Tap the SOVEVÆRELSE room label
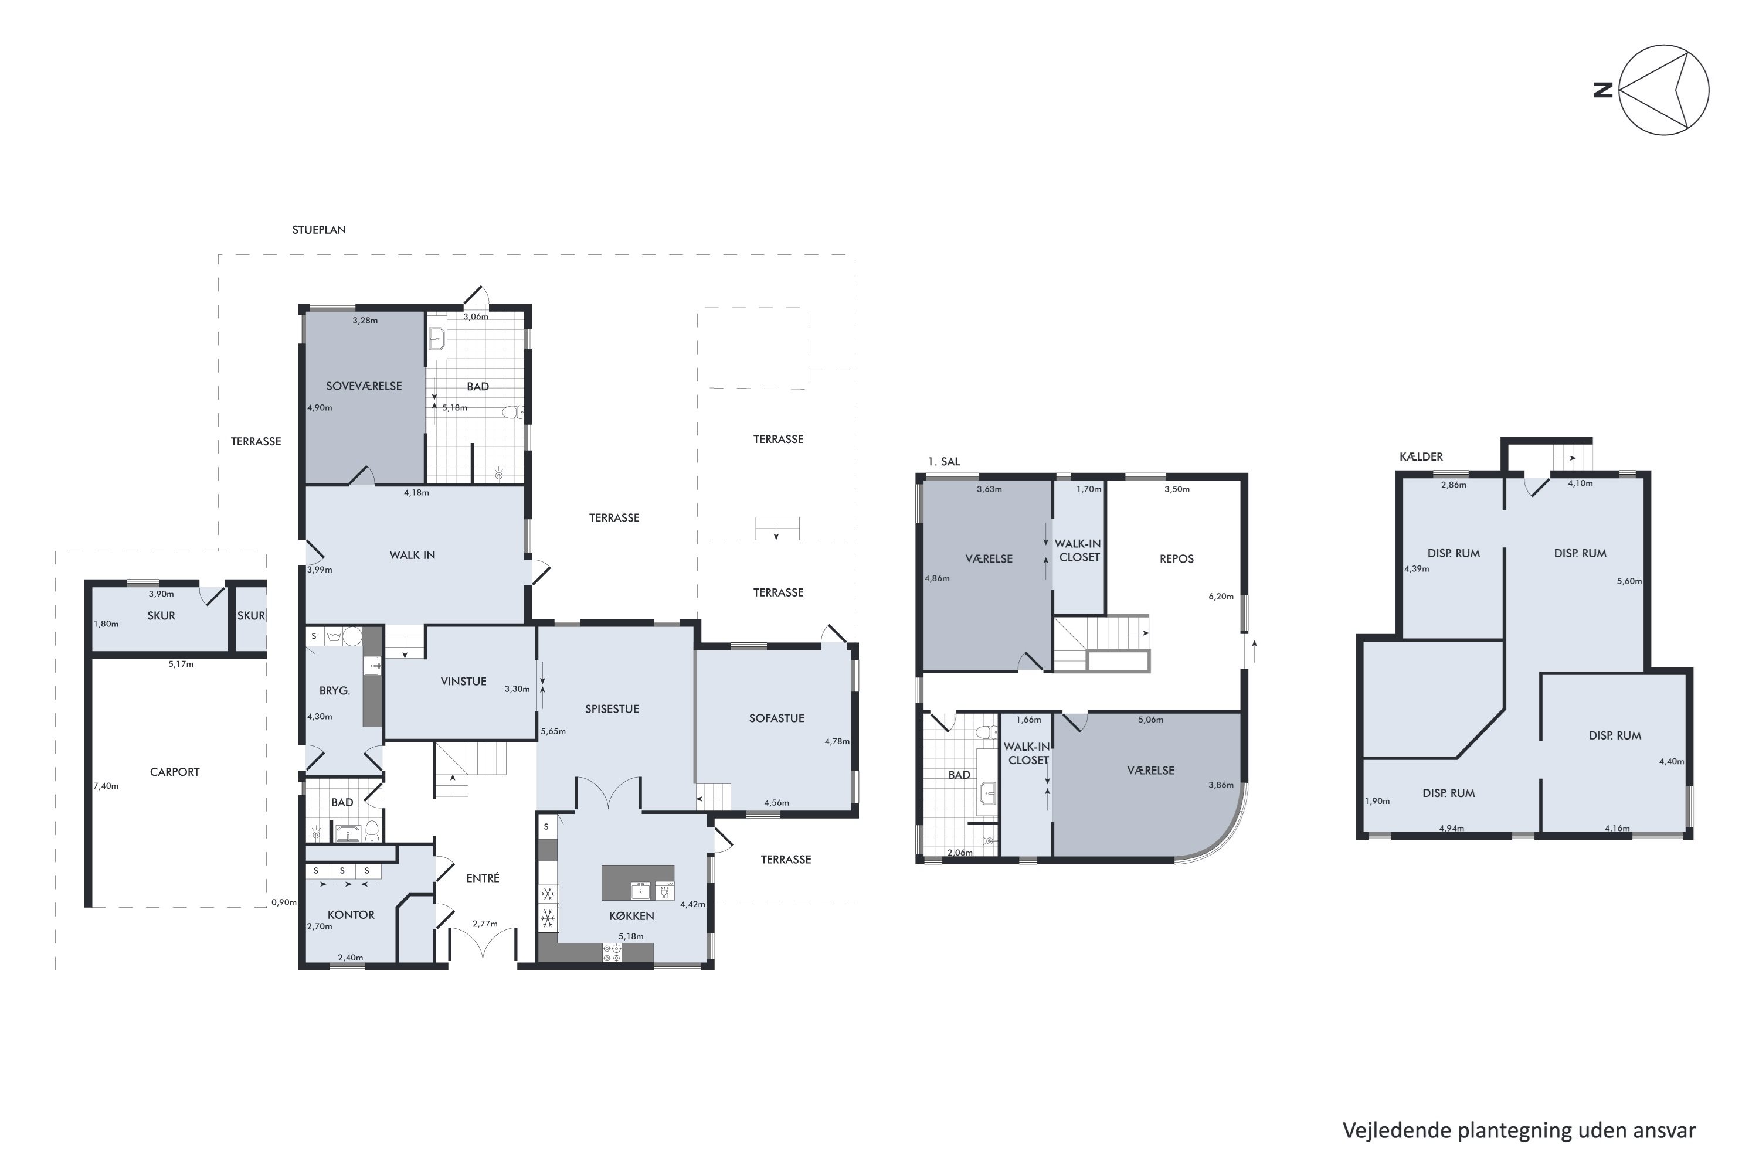[364, 386]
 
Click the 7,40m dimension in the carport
[106, 786]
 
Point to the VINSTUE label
[464, 682]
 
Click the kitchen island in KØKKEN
[638, 883]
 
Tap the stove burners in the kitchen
[612, 953]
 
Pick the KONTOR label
[351, 915]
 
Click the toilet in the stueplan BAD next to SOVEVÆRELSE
[512, 412]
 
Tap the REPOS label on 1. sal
[1176, 559]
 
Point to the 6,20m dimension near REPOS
[1221, 597]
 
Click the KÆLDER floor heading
[1421, 456]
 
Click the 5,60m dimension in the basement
[1629, 581]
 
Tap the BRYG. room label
[334, 691]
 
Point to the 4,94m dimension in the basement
[1452, 828]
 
